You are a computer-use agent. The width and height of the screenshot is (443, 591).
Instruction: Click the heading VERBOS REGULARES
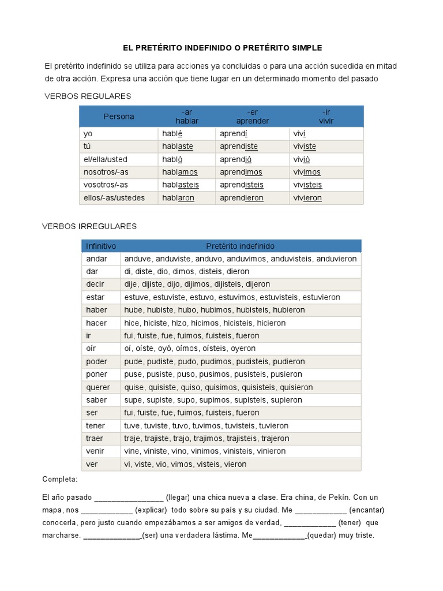pyautogui.click(x=88, y=96)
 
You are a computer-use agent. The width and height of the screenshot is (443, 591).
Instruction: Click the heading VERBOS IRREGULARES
pyautogui.click(x=89, y=226)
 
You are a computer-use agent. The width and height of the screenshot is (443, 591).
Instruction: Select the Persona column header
pyautogui.click(x=119, y=117)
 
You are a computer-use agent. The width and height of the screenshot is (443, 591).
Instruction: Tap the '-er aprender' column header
pyautogui.click(x=253, y=117)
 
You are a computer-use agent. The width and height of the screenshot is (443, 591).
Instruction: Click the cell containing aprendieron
pyautogui.click(x=242, y=198)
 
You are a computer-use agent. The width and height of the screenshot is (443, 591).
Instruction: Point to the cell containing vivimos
pyautogui.click(x=307, y=172)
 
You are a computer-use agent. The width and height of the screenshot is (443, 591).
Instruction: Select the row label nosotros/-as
pyautogui.click(x=106, y=172)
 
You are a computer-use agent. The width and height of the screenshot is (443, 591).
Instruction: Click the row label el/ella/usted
pyautogui.click(x=106, y=159)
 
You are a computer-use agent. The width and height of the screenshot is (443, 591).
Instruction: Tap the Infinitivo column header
pyautogui.click(x=101, y=246)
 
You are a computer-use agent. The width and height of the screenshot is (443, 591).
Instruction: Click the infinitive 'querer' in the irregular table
pyautogui.click(x=97, y=387)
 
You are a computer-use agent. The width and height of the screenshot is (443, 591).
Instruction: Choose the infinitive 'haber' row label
pyautogui.click(x=96, y=310)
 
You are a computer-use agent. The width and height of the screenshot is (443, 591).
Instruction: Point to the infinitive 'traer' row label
pyautogui.click(x=95, y=439)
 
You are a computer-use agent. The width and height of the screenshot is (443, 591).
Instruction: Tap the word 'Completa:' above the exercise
pyautogui.click(x=60, y=480)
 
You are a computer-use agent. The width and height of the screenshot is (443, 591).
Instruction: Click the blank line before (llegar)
pyautogui.click(x=129, y=498)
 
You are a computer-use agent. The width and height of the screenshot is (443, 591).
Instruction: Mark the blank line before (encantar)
pyautogui.click(x=321, y=511)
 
